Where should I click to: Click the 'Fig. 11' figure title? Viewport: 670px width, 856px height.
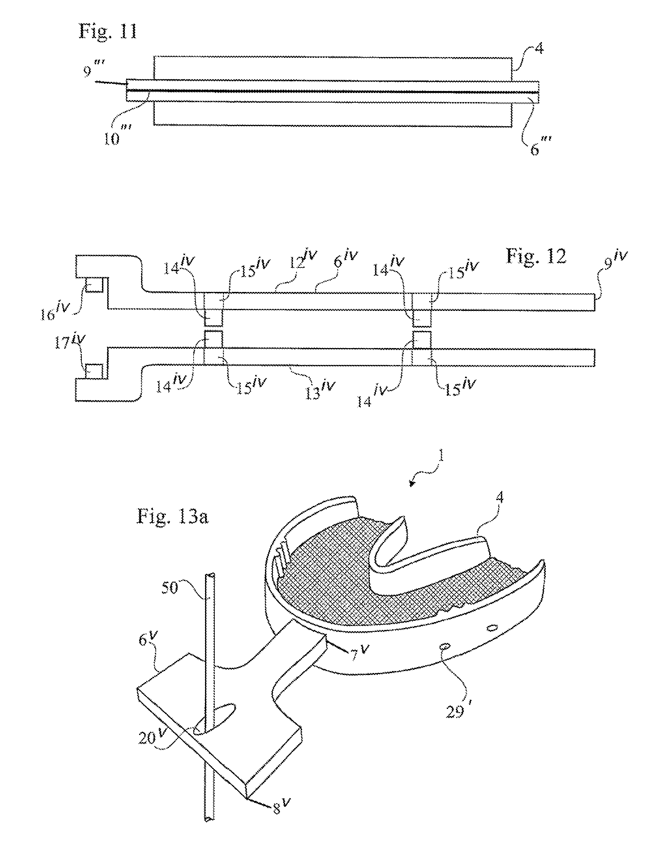108,31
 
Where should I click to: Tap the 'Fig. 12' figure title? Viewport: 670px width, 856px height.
536,256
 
